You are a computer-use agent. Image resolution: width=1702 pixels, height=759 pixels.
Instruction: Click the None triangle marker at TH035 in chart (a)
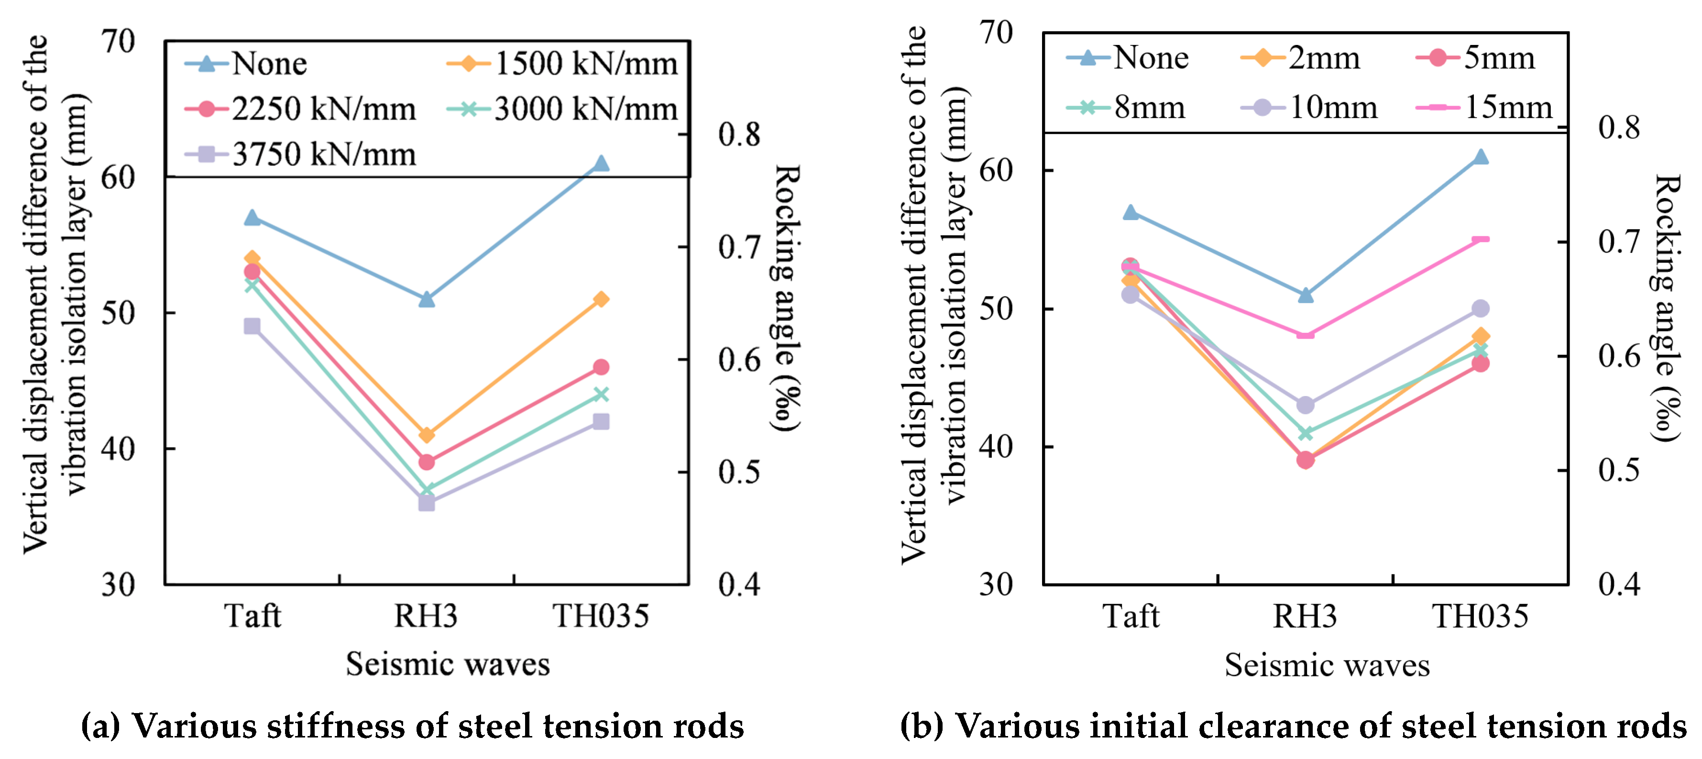pyautogui.click(x=601, y=163)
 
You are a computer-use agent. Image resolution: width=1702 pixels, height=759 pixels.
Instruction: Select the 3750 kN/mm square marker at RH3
pyautogui.click(x=426, y=503)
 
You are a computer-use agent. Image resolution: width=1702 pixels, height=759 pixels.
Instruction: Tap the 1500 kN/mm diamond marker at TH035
pyautogui.click(x=601, y=299)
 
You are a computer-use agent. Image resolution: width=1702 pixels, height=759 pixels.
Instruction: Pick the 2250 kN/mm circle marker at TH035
pyautogui.click(x=601, y=367)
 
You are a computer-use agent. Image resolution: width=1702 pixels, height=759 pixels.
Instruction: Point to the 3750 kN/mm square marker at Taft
pyautogui.click(x=252, y=326)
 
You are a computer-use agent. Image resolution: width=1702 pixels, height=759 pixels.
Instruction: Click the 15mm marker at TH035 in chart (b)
pyautogui.click(x=1480, y=239)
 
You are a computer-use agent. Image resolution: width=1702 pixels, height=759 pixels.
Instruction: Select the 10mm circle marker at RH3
pyautogui.click(x=1305, y=405)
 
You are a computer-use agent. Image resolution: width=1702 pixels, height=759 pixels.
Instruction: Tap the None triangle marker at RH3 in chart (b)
pyautogui.click(x=1305, y=295)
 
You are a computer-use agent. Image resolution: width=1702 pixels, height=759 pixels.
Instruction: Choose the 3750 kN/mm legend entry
pyautogui.click(x=301, y=154)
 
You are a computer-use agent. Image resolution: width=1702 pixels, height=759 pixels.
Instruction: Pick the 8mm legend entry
pyautogui.click(x=1127, y=107)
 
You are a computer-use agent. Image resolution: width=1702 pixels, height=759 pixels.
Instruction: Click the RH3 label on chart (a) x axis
pyautogui.click(x=426, y=616)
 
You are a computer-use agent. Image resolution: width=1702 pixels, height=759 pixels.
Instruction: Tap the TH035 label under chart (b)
pyautogui.click(x=1480, y=616)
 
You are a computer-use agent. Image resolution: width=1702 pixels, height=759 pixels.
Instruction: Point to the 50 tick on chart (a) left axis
pyautogui.click(x=118, y=312)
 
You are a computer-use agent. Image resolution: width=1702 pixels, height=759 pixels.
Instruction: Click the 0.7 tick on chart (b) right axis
pyautogui.click(x=1619, y=242)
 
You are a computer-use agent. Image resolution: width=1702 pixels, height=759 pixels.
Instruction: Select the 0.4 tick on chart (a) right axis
pyautogui.click(x=739, y=584)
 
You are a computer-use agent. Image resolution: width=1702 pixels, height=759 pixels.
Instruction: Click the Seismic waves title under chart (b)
pyautogui.click(x=1327, y=664)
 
